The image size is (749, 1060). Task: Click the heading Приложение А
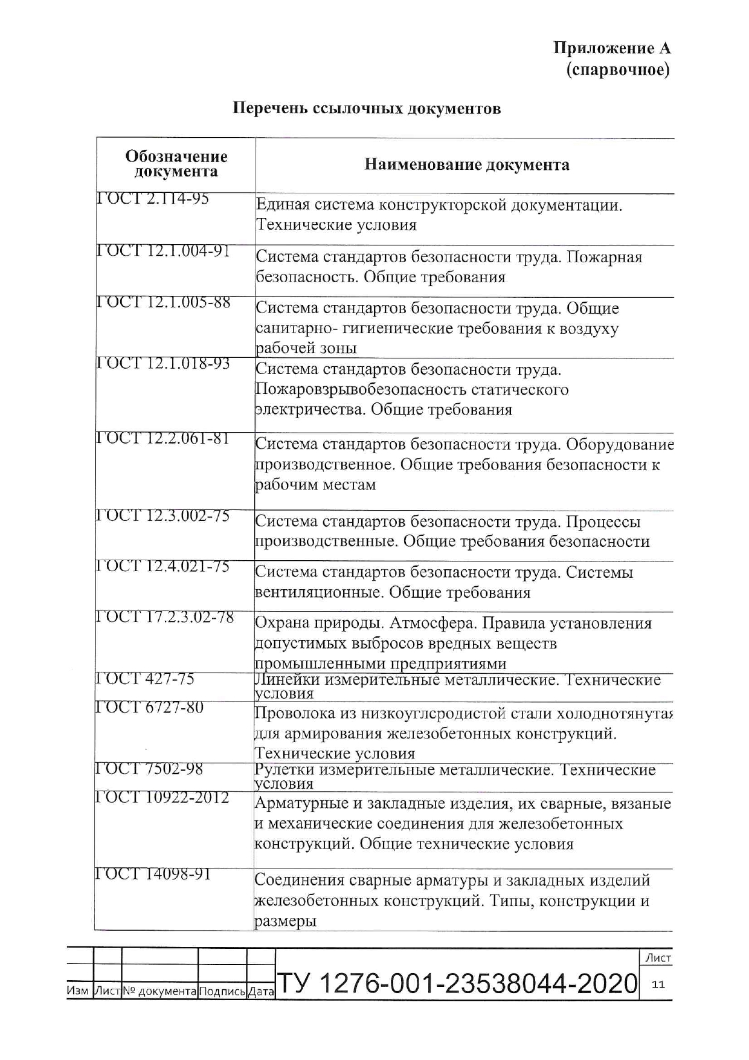coord(612,48)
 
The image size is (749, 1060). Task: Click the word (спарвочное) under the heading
coord(618,70)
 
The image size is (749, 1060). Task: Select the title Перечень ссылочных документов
coord(367,109)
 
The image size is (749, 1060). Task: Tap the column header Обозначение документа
coord(176,164)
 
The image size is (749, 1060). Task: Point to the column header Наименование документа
coord(466,164)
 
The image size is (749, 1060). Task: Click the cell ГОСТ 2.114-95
coord(153,199)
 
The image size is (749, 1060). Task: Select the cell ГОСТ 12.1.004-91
coord(164,251)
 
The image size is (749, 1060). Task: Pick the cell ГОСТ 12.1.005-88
coord(164,302)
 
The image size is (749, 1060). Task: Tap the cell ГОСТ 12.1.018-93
coord(164,364)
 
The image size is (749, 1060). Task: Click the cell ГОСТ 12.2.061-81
coord(163,439)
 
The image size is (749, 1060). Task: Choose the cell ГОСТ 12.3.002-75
coord(163,516)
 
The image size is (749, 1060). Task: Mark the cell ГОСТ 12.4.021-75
coord(163,566)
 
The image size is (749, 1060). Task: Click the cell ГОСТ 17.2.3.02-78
coord(165,618)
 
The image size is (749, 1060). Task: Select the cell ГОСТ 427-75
coord(146,679)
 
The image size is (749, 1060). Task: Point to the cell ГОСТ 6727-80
coord(150,707)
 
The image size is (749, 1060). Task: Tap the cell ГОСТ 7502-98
coord(149,769)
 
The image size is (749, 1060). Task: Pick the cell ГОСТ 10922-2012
coord(162,798)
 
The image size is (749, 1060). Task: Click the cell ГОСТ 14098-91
coord(153,874)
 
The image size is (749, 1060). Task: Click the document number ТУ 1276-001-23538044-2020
coord(457,984)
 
